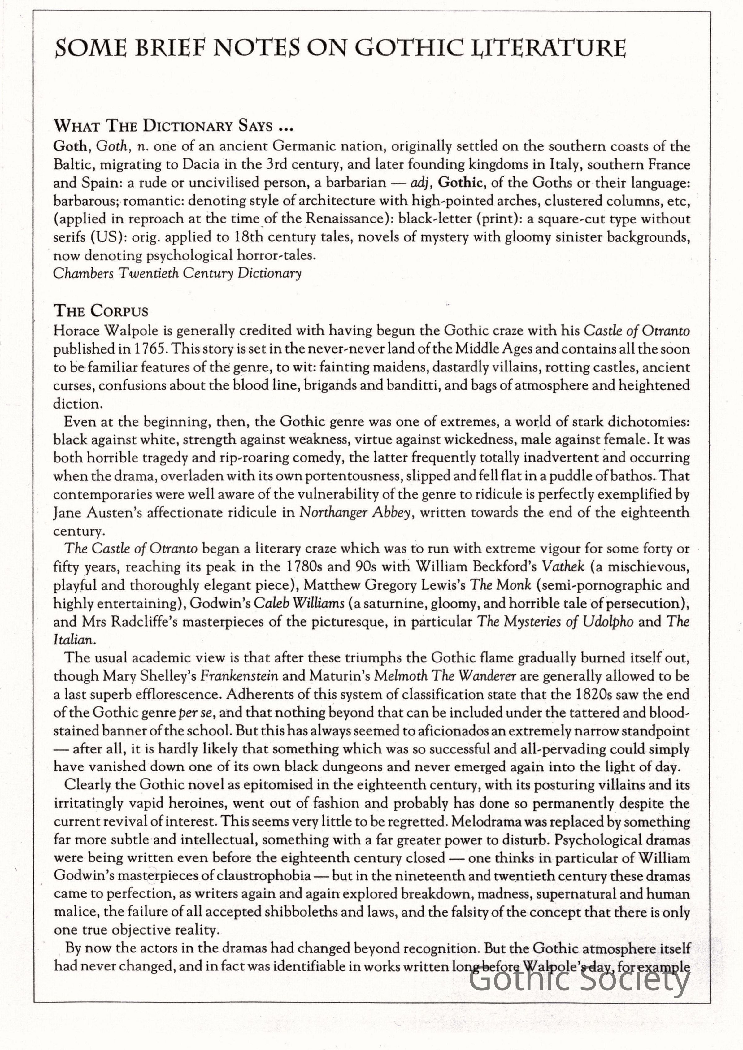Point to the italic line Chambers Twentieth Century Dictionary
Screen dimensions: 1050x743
click(x=177, y=274)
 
